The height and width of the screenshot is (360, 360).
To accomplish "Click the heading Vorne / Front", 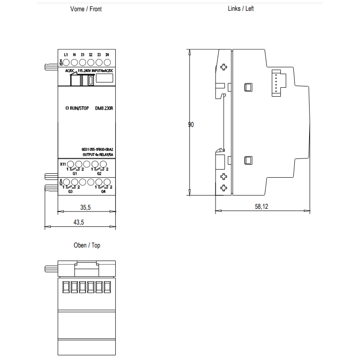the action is pos(86,9).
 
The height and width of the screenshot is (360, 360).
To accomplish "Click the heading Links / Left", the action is pos(241,9).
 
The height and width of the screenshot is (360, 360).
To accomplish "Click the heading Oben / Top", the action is pos(87,245).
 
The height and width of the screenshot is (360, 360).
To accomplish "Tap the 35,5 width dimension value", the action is pos(85,207).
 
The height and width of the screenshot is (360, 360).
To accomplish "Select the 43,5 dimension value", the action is pos(78,222).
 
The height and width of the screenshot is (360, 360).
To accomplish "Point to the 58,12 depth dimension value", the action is pos(261,207).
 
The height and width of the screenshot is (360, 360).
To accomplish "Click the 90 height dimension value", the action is pos(191,125).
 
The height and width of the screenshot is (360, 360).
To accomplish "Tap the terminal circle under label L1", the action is pos(66,62).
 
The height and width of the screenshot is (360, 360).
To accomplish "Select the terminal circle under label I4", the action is pos(107,62).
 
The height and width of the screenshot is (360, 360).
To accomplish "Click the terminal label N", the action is pos(74,54).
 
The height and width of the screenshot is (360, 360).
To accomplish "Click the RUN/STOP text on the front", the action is pos(79,108).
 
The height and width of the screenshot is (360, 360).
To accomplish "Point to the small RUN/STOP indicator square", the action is pos(67,108).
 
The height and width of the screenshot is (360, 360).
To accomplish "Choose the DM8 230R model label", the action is pos(104,108).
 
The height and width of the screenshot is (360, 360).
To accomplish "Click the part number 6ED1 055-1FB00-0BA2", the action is pos(97,149).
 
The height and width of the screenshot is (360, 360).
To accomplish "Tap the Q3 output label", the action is pos(70,191).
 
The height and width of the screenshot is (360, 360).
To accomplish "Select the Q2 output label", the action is pos(99,174).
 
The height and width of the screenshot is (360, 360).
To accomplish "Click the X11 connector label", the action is pos(63,164).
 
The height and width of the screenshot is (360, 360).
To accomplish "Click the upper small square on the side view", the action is pos(248,87).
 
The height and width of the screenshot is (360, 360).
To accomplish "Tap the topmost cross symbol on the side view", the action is pos(224,67).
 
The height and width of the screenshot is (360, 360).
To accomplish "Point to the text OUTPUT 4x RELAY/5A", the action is pos(98,155).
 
